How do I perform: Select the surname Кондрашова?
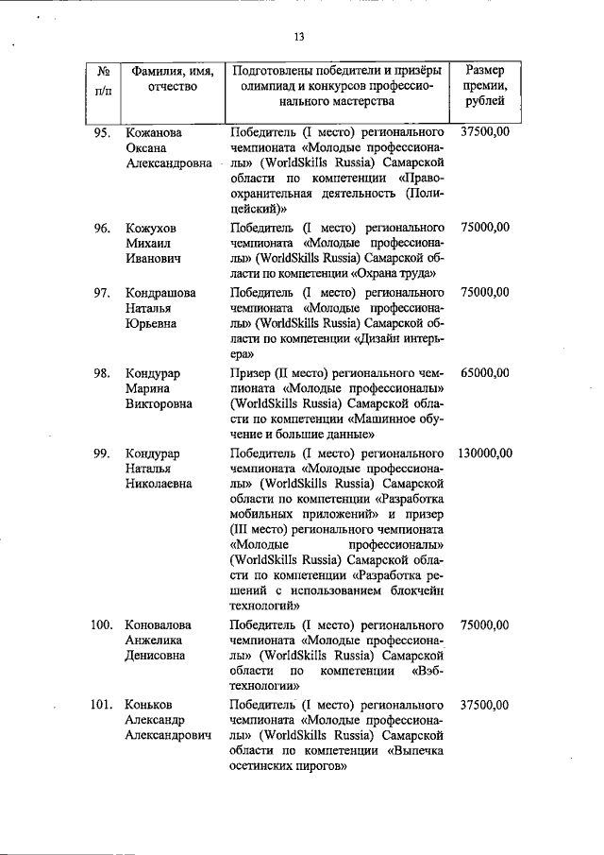coord(160,293)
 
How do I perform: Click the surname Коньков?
coord(150,705)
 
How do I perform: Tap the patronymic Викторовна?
coord(159,404)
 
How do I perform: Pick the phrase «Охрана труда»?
coord(396,274)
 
